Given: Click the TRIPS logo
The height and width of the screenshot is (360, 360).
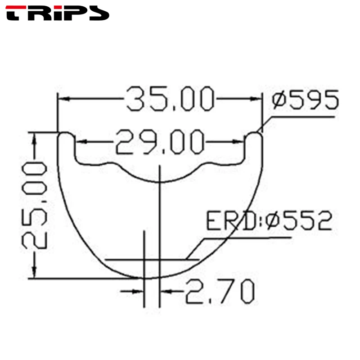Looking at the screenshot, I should coord(58,13).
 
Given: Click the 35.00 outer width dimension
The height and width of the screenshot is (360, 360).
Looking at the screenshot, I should coord(170,99).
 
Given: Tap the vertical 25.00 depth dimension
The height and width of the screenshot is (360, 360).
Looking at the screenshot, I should coord(35,206).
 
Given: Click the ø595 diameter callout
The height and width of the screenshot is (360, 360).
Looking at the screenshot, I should coord(305,100).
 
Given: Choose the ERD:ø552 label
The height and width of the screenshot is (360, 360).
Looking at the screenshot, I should coord(269,221).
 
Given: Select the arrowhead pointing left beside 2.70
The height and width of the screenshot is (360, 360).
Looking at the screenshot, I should coord(166,291).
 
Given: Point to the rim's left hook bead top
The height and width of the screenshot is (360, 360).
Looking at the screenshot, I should coord(66,134).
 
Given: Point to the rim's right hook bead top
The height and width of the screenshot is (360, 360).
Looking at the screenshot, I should coord(255,134).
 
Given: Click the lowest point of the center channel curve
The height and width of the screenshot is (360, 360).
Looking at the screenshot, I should coord(160,182).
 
